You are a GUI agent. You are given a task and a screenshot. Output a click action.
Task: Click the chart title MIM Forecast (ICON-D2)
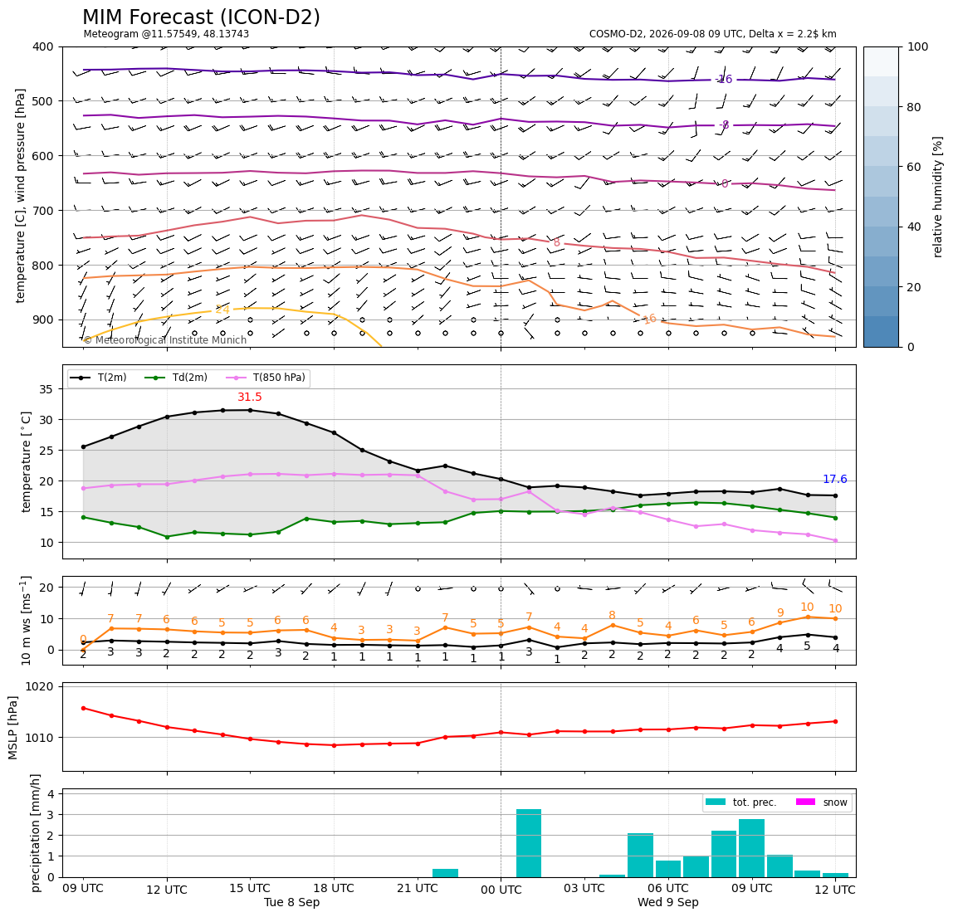coord(201,17)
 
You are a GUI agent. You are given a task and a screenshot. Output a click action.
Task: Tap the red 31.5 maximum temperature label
coord(250,397)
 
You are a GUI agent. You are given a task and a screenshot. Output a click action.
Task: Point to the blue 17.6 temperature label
coord(835,480)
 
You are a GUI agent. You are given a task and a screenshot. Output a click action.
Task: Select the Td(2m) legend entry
coord(176,378)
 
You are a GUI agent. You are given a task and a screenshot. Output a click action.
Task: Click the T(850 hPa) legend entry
coord(266,378)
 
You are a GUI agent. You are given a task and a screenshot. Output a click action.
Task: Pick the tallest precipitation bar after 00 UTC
coord(529,843)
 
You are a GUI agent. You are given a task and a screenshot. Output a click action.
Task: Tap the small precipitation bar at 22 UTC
coord(446,873)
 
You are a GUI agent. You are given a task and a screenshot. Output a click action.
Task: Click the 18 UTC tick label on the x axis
coord(334,889)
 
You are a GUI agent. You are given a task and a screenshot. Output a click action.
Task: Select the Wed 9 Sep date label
coord(668,902)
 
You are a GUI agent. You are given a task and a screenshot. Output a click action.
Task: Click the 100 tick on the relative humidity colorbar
coord(918,46)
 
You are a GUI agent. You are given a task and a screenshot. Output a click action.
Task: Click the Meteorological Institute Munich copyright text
coord(164,339)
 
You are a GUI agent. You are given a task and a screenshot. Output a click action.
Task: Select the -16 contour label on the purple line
coord(724,80)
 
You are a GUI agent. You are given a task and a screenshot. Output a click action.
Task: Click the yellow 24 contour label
coord(222,310)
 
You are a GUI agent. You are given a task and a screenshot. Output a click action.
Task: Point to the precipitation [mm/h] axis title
coord(36,833)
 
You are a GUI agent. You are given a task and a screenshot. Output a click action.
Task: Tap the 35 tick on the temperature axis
coord(47,389)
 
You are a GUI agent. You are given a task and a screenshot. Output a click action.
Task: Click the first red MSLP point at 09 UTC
coord(83,708)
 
